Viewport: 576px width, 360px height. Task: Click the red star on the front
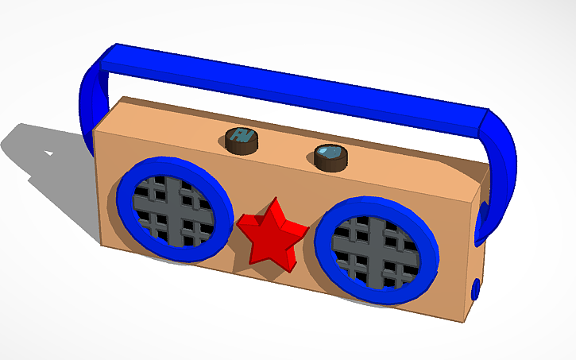[x=270, y=235]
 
